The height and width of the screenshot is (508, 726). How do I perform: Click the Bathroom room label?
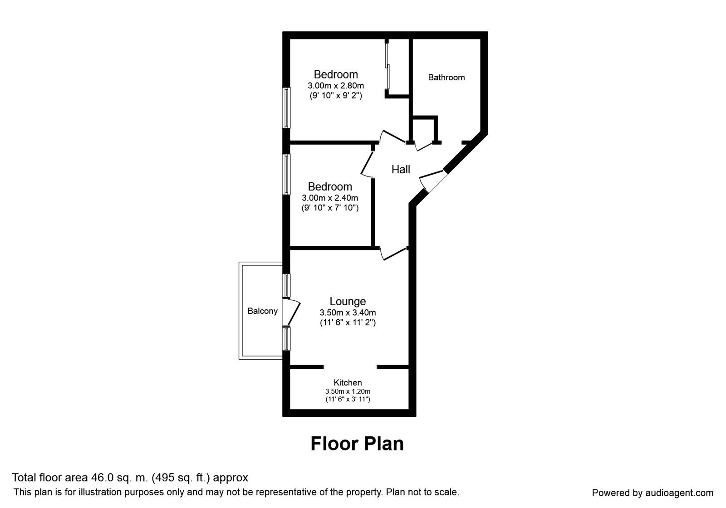(x=446, y=78)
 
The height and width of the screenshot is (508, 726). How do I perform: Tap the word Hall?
(x=401, y=170)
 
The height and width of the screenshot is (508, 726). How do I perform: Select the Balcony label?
(x=263, y=311)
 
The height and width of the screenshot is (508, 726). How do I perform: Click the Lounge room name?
(x=348, y=301)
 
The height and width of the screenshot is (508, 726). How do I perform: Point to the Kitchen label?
(x=348, y=382)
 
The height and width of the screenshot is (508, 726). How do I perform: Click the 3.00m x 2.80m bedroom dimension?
(x=336, y=86)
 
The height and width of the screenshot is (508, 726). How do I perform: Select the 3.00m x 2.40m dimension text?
(x=330, y=198)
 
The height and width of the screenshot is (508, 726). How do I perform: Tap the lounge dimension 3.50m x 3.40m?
(x=348, y=313)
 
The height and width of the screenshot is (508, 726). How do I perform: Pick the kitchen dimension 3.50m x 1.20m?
(x=348, y=391)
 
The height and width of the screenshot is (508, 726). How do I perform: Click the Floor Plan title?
(x=357, y=444)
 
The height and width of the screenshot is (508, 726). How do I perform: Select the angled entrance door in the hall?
(x=433, y=182)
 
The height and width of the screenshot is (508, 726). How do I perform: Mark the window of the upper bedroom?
(x=286, y=107)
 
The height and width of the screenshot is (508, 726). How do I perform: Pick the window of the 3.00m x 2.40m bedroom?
(x=286, y=174)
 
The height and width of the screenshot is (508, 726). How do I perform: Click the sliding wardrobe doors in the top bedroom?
(x=387, y=65)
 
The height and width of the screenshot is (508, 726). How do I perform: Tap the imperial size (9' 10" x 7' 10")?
(x=330, y=208)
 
